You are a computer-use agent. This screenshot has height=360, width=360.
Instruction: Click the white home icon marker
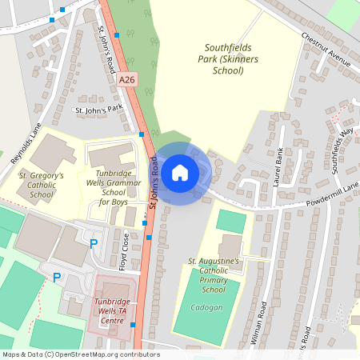coord(180,172)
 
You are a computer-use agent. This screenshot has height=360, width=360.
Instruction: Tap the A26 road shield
coord(126,80)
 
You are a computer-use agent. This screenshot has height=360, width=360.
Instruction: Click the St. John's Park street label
coord(98,109)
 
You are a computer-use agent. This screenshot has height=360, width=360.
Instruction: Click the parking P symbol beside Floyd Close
coord(94,242)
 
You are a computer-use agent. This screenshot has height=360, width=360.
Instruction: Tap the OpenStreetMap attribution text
coord(81,354)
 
